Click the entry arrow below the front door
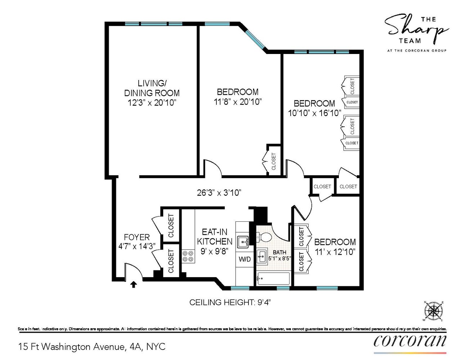[133, 284]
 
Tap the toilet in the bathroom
[265, 237]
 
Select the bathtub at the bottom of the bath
[273, 278]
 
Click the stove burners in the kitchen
[188, 256]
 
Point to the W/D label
[245, 259]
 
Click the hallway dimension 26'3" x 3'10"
[219, 193]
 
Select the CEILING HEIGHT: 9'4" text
[230, 302]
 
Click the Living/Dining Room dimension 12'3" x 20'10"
[152, 103]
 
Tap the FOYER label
[136, 237]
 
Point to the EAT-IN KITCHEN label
[215, 237]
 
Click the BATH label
[279, 252]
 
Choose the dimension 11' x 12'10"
[335, 252]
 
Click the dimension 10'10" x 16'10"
[314, 113]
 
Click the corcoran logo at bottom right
[410, 341]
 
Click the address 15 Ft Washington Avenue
[92, 347]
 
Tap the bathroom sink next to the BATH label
[262, 257]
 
